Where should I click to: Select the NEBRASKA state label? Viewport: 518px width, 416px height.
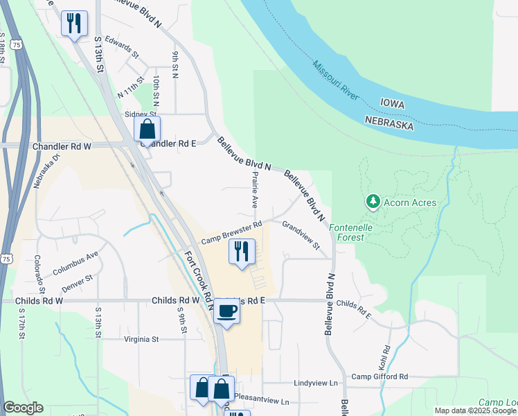390,123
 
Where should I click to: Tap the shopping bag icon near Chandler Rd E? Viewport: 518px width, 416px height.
147,129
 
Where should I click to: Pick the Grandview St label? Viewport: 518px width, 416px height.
301,235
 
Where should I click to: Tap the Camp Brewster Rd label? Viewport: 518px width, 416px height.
231,232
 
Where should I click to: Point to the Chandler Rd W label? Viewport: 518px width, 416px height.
62,147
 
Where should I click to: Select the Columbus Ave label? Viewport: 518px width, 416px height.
75,261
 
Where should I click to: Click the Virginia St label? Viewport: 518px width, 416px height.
141,340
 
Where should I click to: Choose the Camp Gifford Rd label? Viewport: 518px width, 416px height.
379,376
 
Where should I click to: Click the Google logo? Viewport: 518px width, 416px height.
23,408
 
